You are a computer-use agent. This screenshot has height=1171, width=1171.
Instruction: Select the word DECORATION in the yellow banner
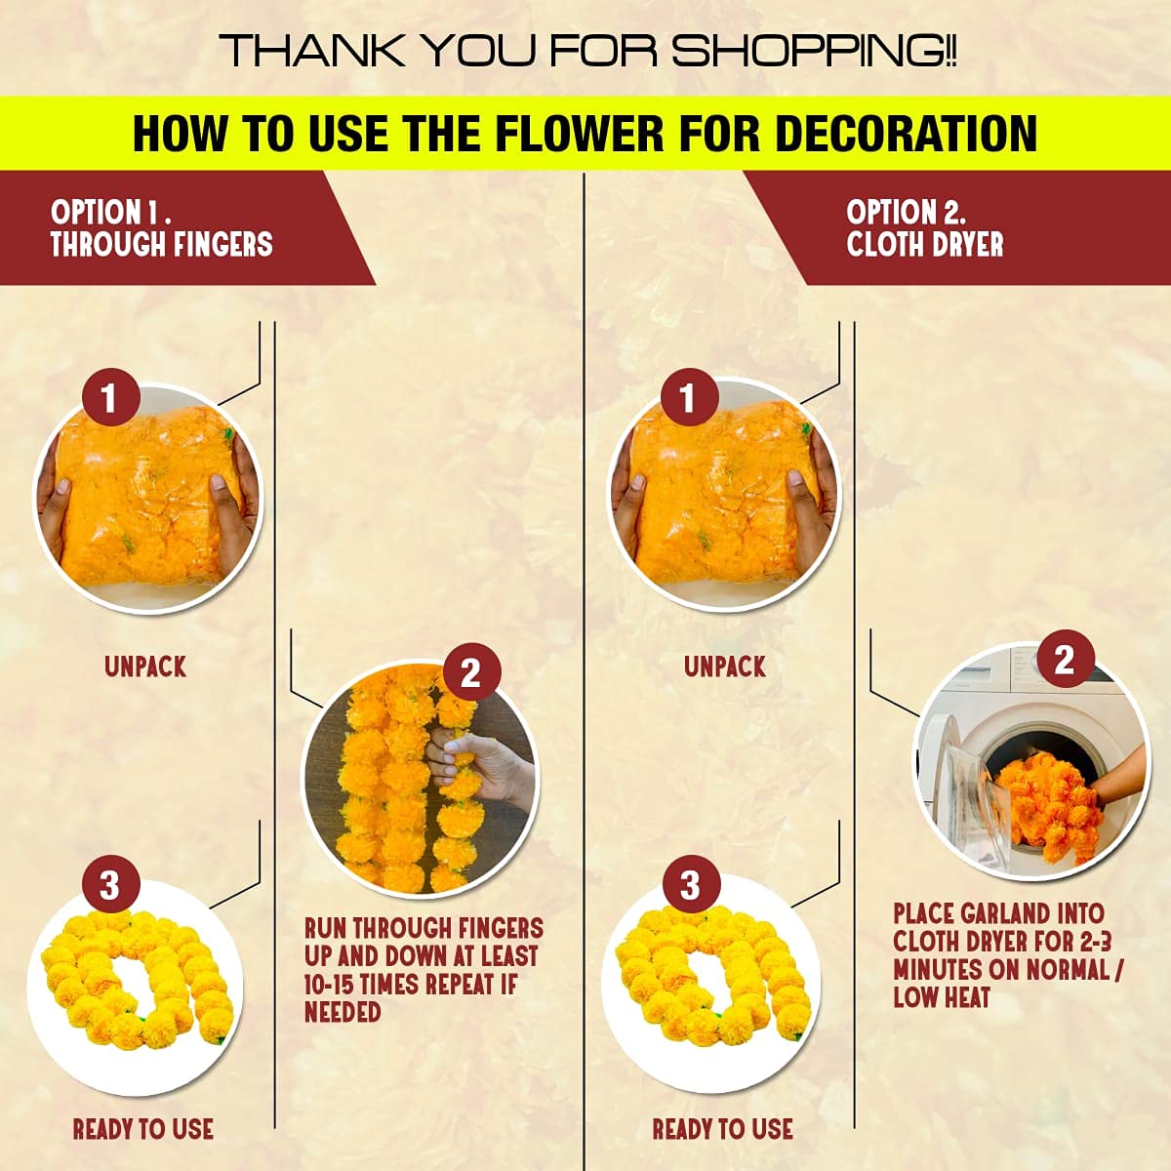(x=905, y=134)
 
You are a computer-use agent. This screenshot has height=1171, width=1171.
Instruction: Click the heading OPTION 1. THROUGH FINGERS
(x=161, y=228)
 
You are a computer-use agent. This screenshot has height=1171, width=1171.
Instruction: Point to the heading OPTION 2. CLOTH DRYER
(x=924, y=228)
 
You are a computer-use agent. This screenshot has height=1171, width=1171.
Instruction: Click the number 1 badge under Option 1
(x=108, y=398)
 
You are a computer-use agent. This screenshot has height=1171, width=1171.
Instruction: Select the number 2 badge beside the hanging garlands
(x=470, y=673)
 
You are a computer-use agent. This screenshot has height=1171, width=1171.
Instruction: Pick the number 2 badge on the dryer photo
(x=1064, y=661)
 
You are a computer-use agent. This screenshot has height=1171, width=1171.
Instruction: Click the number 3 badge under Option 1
(x=109, y=885)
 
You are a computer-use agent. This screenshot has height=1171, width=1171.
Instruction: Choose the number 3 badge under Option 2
(x=690, y=885)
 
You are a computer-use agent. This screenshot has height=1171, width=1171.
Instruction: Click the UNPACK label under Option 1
(x=145, y=667)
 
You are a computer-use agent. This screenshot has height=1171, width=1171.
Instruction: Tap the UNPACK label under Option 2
(x=725, y=667)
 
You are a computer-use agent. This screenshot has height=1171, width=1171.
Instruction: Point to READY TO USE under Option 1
(x=143, y=1129)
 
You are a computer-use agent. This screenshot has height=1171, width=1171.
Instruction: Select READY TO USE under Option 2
(x=722, y=1129)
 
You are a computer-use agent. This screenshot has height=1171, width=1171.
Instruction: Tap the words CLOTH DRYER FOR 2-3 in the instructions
(x=1002, y=942)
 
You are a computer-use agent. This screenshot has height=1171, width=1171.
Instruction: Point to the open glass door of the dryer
(x=971, y=790)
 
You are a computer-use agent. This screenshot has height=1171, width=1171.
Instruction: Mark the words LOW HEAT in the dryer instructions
(x=942, y=997)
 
